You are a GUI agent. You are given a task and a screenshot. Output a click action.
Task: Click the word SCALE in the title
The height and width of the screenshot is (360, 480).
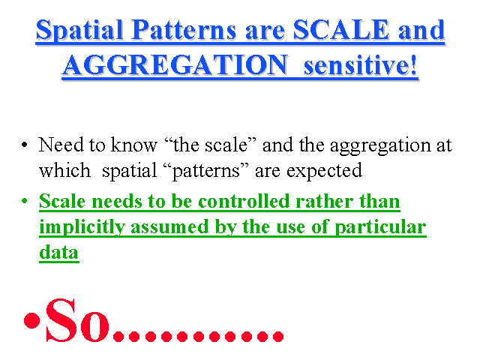click(x=340, y=30)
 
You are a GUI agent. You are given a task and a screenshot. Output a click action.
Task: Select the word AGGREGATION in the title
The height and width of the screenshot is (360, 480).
click(x=175, y=65)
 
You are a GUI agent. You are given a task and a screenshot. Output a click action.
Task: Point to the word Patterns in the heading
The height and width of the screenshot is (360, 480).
click(x=184, y=30)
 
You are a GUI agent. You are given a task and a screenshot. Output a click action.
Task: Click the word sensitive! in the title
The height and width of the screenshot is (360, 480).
click(x=360, y=65)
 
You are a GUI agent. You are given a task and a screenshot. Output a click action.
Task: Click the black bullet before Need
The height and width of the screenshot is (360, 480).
click(x=25, y=145)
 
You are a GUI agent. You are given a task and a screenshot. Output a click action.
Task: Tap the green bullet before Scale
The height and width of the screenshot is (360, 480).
click(x=25, y=201)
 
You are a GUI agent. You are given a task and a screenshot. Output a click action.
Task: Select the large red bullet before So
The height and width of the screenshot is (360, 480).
click(x=32, y=320)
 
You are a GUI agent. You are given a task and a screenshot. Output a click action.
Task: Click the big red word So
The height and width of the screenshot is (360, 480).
click(x=77, y=320)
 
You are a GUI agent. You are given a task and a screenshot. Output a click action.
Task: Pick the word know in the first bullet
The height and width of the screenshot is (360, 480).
click(x=133, y=145)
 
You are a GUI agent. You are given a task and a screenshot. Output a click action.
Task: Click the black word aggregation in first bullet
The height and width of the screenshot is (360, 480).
click(x=380, y=147)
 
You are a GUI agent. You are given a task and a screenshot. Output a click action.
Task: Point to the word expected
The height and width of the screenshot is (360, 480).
click(x=324, y=172)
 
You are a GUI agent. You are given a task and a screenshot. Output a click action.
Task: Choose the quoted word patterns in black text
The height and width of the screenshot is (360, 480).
click(x=206, y=172)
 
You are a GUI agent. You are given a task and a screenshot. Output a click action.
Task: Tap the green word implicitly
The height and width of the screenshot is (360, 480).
click(x=82, y=228)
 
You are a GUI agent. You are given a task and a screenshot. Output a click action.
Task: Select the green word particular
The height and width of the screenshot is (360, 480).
click(x=380, y=228)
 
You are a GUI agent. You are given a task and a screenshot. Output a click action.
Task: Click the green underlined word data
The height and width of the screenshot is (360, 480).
click(x=59, y=252)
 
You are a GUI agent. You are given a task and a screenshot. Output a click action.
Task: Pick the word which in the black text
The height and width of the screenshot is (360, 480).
click(x=64, y=170)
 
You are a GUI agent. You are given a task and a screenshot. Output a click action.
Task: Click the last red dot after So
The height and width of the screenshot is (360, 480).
click(x=278, y=336)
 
